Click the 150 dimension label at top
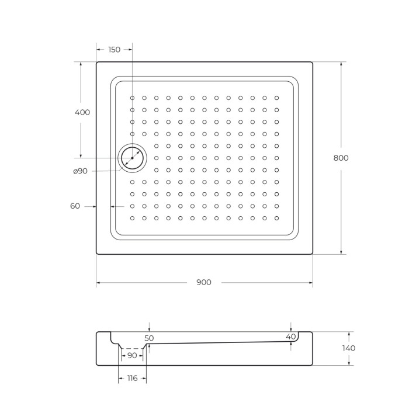pyautogui.click(x=114, y=50)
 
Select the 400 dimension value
pyautogui.click(x=83, y=112)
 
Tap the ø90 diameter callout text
pyautogui.click(x=81, y=171)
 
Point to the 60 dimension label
pyautogui.click(x=75, y=206)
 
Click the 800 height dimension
pyautogui.click(x=341, y=158)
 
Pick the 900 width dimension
pyautogui.click(x=204, y=282)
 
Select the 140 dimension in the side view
pyautogui.click(x=349, y=348)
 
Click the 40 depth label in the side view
pyautogui.click(x=291, y=337)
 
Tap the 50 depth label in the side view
pyautogui.click(x=149, y=338)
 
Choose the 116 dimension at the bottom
pyautogui.click(x=132, y=378)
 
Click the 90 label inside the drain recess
pyautogui.click(x=132, y=355)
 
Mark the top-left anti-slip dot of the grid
pyautogui.click(x=132, y=98)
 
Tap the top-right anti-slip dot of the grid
pyautogui.click(x=276, y=98)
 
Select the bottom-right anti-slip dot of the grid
pyautogui.click(x=276, y=218)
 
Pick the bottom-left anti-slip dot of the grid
pyautogui.click(x=132, y=218)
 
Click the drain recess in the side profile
pyautogui.click(x=132, y=348)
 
